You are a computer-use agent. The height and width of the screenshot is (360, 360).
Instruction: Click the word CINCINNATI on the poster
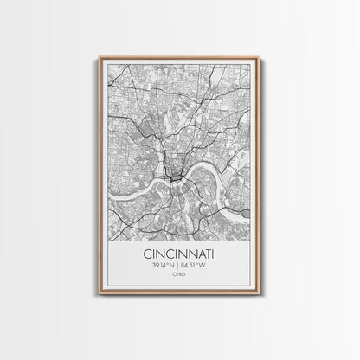(x=179, y=255)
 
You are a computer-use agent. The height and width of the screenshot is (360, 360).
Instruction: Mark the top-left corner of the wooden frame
(x=100, y=58)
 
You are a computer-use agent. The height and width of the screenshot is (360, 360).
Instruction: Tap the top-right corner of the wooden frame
(x=260, y=58)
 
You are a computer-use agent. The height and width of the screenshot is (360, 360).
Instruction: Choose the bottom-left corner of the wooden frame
(x=100, y=295)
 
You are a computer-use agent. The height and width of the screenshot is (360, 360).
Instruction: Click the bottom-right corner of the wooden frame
(x=260, y=295)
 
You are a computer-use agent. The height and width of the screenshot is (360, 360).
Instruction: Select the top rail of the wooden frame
(x=179, y=58)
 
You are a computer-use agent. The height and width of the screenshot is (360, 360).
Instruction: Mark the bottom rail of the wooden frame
(x=179, y=294)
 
